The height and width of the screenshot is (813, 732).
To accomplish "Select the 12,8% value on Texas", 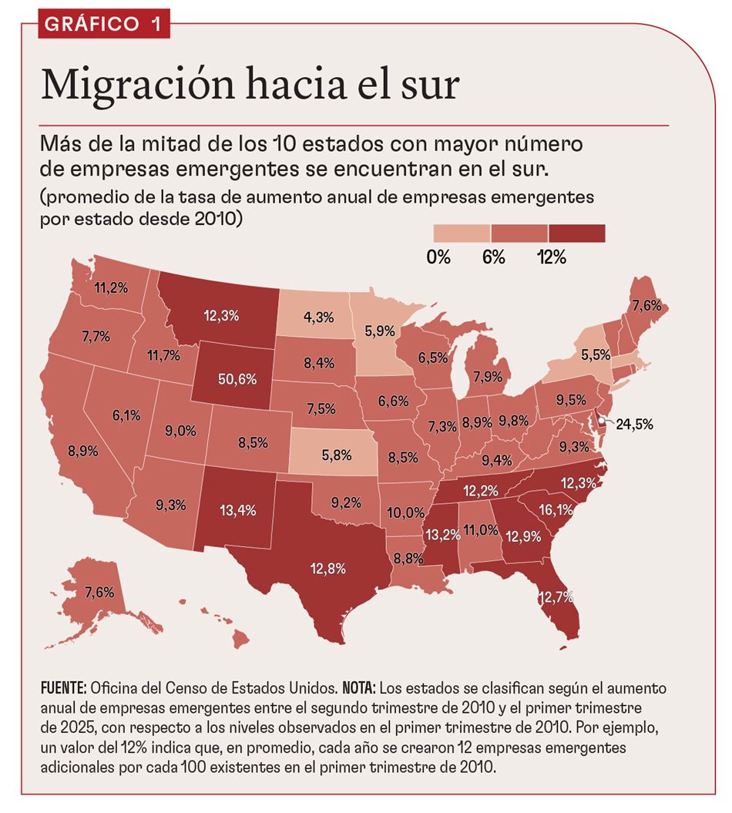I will [329, 568].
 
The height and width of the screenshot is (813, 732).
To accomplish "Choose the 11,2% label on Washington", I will [110, 289].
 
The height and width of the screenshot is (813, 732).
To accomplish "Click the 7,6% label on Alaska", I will [99, 593].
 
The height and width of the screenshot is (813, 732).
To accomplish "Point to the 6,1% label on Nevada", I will [126, 415].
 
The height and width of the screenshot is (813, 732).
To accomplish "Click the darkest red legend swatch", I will [576, 233].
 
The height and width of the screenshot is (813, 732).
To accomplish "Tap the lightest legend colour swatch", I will [461, 233].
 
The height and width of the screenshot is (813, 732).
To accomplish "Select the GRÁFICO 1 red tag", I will [102, 24].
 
